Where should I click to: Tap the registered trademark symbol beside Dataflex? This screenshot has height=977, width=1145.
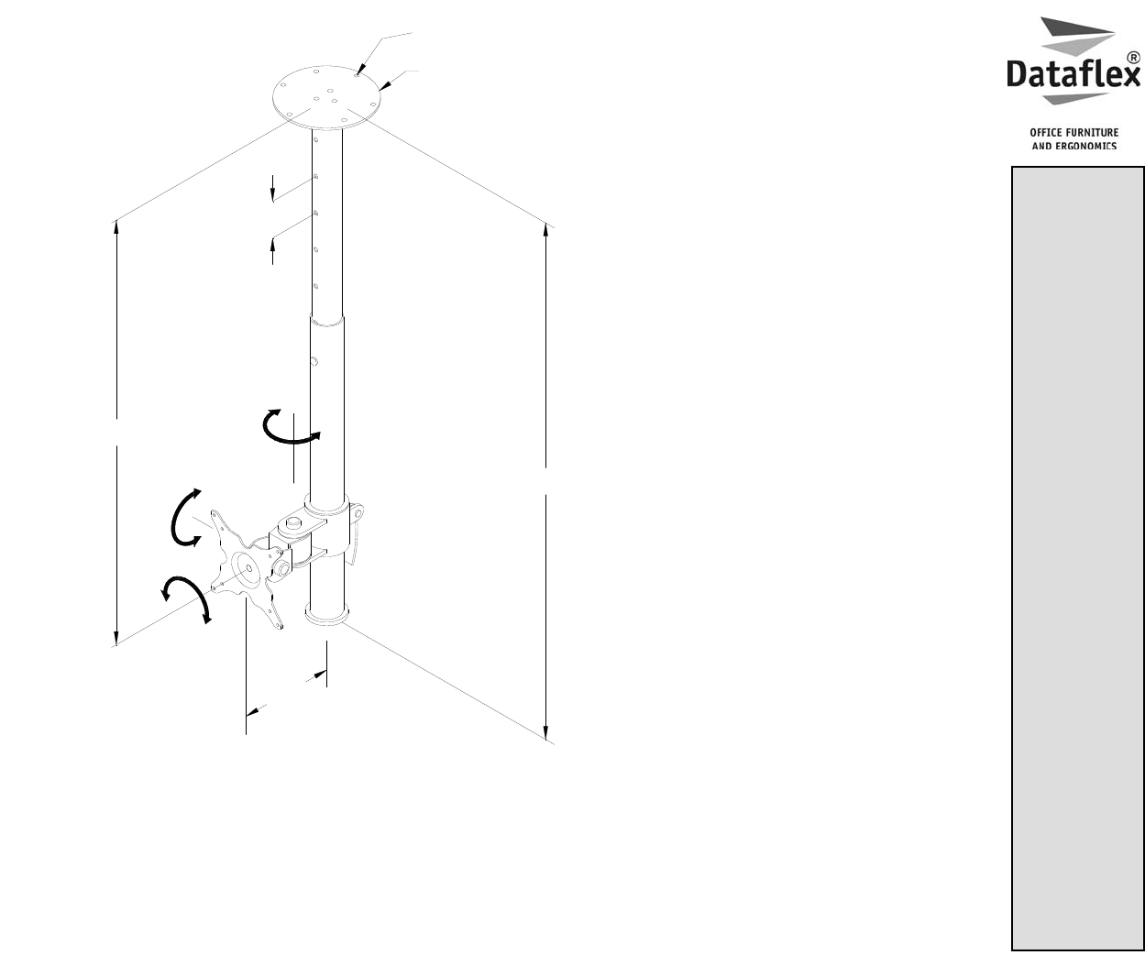(x=1134, y=58)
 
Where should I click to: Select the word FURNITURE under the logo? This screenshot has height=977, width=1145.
(x=1092, y=132)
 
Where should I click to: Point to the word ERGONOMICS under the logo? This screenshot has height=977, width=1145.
(x=1085, y=147)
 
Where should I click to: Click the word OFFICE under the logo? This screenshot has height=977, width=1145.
(x=1046, y=132)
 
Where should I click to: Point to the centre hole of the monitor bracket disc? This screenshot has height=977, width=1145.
(x=249, y=567)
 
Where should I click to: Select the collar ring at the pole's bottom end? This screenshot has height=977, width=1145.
(x=326, y=614)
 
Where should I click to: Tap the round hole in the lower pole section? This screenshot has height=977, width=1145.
(x=314, y=361)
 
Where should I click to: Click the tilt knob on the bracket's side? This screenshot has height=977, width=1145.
(x=281, y=569)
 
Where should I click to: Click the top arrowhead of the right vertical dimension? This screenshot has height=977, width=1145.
(x=546, y=230)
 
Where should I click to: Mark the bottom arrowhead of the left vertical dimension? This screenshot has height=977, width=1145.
(x=116, y=638)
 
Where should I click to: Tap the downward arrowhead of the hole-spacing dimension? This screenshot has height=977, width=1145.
(x=272, y=194)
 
